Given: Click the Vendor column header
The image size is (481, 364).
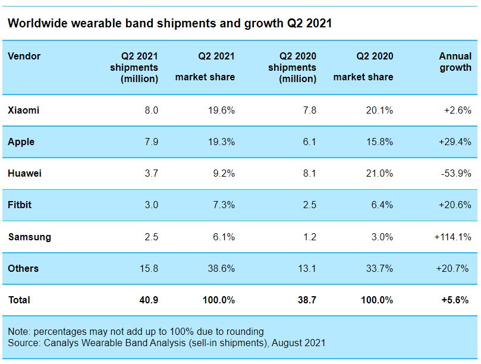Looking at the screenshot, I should (x=24, y=57).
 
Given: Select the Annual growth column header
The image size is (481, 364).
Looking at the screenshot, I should (x=455, y=62).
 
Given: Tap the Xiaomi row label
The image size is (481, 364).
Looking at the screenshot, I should (x=23, y=110).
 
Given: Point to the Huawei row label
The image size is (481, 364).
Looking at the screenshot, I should (x=24, y=174).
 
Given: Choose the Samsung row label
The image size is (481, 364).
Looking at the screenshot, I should (x=29, y=237).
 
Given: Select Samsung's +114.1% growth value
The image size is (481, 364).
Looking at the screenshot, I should (x=452, y=237).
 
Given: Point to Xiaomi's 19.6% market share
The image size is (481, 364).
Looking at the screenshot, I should (x=221, y=110).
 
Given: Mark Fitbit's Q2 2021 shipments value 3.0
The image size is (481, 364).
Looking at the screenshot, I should (x=151, y=205).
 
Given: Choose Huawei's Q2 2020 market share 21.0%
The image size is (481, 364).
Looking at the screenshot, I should (x=378, y=174).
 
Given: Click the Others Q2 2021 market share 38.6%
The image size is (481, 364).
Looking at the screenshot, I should (x=221, y=268).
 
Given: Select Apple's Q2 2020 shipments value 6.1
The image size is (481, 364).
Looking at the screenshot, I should (x=309, y=142).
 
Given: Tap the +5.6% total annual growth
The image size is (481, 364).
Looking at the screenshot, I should (x=456, y=300).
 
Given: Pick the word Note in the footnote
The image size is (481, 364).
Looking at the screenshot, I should (x=18, y=331).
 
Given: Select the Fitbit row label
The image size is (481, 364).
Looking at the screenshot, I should (x=20, y=205).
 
